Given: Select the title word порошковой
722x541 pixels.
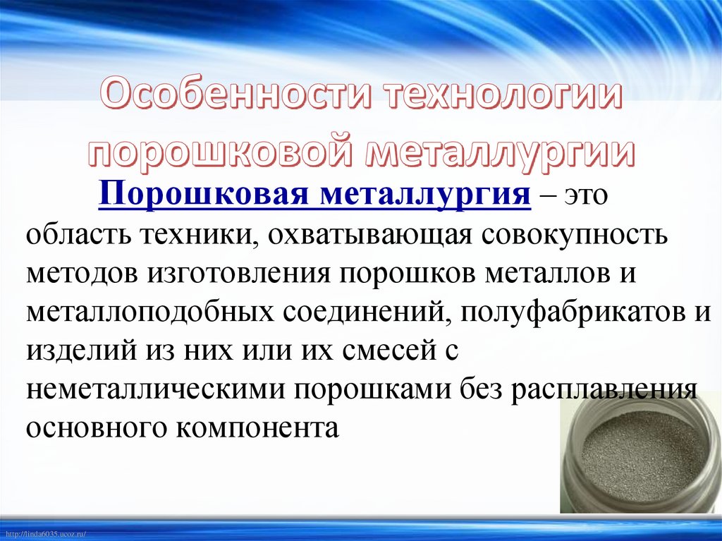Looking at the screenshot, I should coord(224,151).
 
